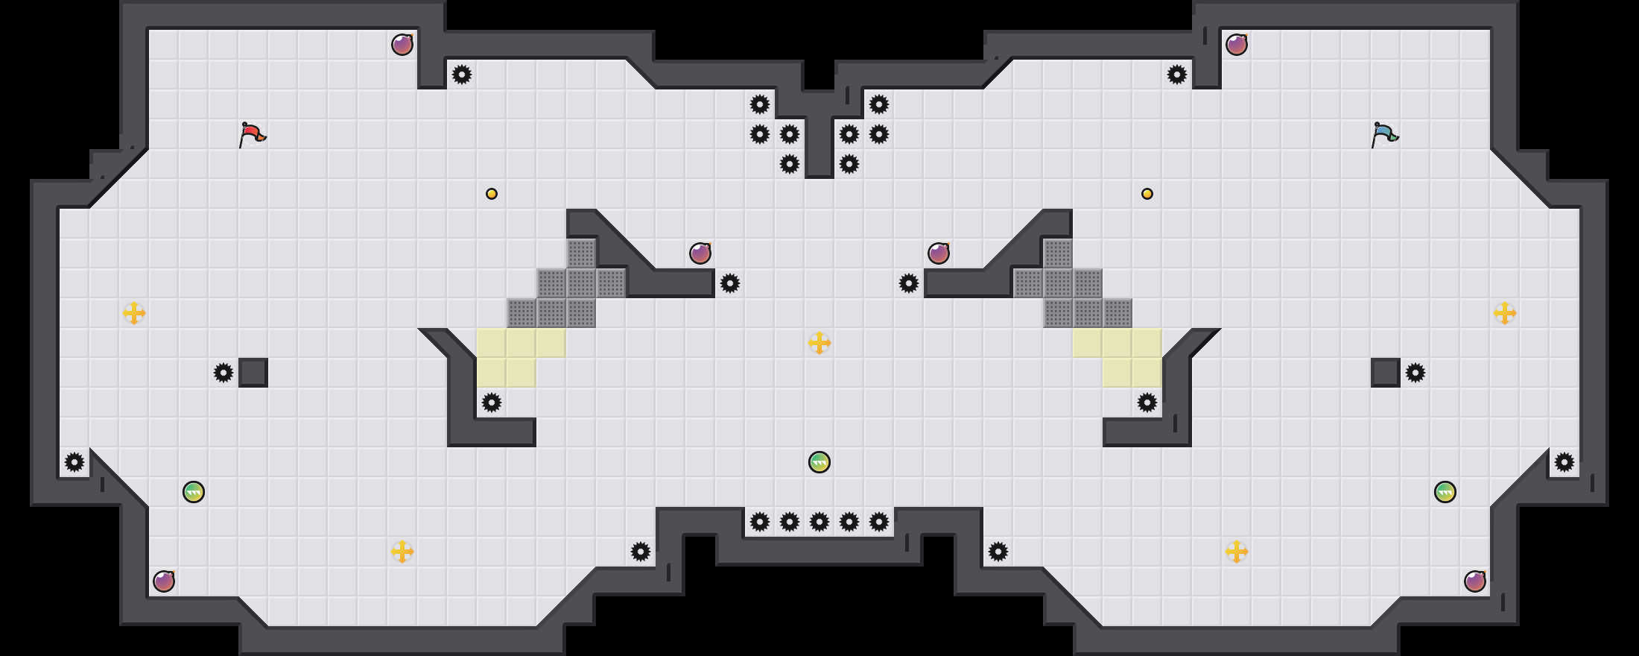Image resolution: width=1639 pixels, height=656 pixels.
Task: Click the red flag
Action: tap(252, 134)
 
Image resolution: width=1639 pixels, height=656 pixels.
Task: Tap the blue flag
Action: tap(1384, 134)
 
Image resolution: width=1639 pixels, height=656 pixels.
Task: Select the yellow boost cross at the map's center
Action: tap(819, 343)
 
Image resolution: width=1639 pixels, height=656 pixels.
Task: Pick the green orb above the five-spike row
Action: tap(819, 462)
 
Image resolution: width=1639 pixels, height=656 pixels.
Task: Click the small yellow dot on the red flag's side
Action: tap(492, 194)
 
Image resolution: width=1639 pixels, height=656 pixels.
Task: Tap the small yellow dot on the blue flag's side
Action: tap(1147, 194)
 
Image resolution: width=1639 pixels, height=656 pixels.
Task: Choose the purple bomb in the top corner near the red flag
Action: tap(402, 45)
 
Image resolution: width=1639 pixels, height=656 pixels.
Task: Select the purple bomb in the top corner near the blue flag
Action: tap(1237, 45)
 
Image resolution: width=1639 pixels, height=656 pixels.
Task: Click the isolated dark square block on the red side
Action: tap(253, 373)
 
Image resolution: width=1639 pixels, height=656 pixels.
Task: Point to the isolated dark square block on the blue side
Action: tap(1386, 373)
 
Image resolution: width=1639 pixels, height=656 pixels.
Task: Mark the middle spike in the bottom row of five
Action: tap(819, 522)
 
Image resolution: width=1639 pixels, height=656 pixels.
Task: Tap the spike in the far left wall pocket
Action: tap(74, 462)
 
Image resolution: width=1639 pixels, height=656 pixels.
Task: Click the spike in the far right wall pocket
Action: tap(1564, 462)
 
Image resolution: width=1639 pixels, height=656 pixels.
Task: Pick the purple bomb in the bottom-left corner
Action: tap(164, 581)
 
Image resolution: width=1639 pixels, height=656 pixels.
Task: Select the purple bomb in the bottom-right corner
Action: tap(1475, 581)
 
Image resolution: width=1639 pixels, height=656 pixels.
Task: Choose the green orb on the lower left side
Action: tap(194, 492)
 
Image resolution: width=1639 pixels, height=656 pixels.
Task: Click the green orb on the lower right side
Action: tap(1445, 492)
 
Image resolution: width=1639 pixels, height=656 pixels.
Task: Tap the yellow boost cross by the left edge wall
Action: tap(134, 313)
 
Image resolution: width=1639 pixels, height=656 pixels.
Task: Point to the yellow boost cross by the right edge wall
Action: tap(1505, 313)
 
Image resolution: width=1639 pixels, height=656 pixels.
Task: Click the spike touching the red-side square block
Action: tap(223, 373)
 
